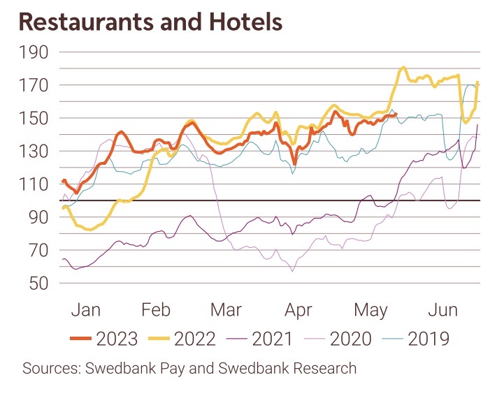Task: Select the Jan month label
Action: (x=86, y=309)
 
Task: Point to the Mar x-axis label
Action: (x=225, y=309)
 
